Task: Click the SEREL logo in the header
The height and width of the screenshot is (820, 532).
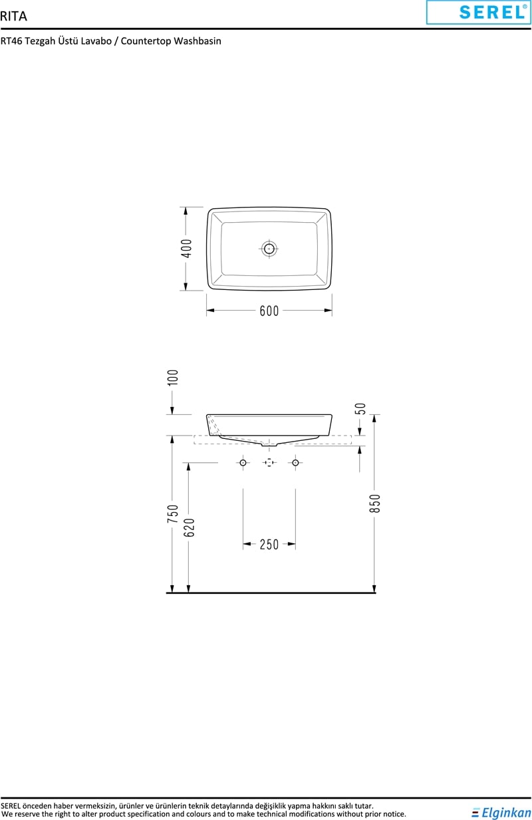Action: coord(479,12)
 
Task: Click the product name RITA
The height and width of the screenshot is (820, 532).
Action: coord(13,17)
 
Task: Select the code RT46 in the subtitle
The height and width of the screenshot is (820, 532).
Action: coord(11,41)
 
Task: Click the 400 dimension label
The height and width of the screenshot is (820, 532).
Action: coord(186,248)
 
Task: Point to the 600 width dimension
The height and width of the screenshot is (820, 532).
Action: coord(269,311)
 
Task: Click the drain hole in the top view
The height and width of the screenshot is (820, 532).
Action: coord(269,249)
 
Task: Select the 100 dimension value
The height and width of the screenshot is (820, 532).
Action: coord(172,377)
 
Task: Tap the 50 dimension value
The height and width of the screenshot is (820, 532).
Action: coord(360,408)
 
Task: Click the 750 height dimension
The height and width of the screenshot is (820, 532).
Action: coord(173,513)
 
